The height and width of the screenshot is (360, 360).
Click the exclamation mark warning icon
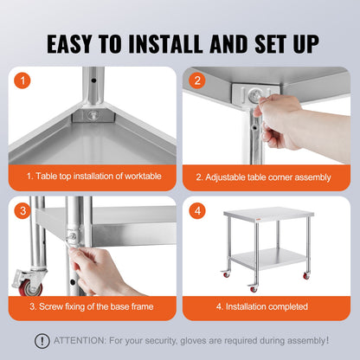[x=41, y=340]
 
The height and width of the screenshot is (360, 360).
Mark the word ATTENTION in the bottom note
[x=78, y=340]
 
